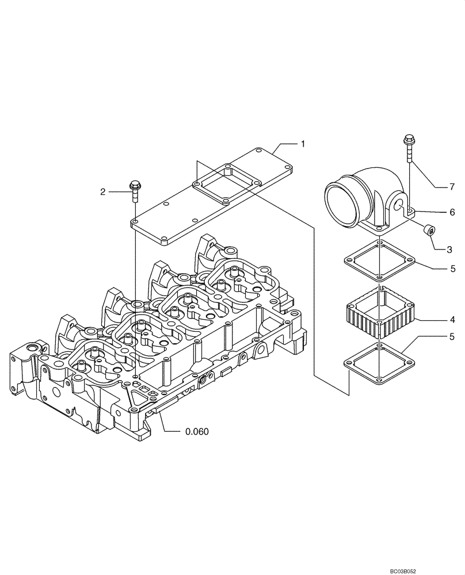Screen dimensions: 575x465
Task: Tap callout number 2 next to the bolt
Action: click(x=103, y=192)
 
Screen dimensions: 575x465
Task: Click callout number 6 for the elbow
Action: click(x=452, y=213)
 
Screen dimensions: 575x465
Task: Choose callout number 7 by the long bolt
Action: click(x=452, y=187)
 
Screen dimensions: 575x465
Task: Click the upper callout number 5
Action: click(x=452, y=267)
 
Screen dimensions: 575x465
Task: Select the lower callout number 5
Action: click(x=452, y=336)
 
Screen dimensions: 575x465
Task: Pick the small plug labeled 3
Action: click(x=429, y=231)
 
